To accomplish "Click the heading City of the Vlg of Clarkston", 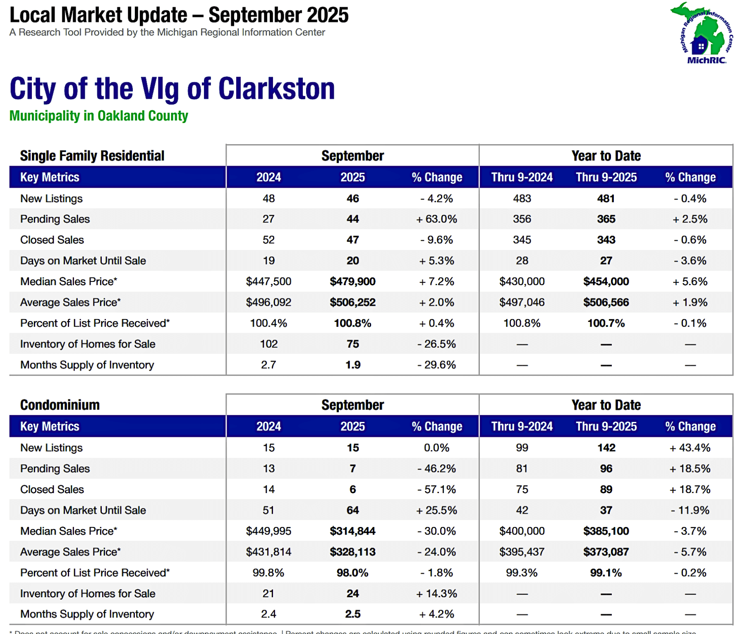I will coord(172,89).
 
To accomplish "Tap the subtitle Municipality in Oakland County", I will coord(99,116).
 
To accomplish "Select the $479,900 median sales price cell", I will coord(352,281).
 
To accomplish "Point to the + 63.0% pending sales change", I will coord(436,219).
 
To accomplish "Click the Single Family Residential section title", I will coord(92,156).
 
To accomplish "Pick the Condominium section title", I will coord(60,405).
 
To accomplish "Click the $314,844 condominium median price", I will coord(352,531).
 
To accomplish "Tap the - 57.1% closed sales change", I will coord(436,489).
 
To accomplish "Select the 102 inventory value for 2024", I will coord(268,344).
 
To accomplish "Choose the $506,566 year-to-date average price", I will coord(606,303).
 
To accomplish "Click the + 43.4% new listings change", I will coord(690,448).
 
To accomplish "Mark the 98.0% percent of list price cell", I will coord(352,573).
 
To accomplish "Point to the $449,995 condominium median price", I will coord(268,531).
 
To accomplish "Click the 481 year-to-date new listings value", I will coord(606,198).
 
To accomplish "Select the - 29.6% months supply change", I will coord(436,365).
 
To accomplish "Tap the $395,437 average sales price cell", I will coord(522,552).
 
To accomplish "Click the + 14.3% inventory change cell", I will coord(436,593).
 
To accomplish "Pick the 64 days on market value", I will coord(352,510).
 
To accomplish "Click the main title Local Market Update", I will coord(179,15).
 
